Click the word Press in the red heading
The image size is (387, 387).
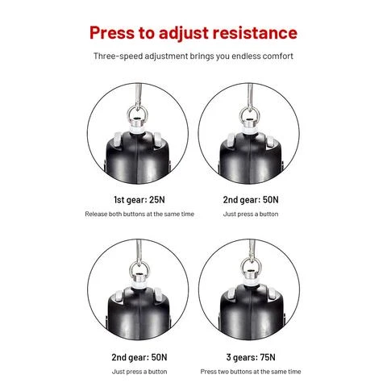(112, 33)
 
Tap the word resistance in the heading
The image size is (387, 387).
(255, 33)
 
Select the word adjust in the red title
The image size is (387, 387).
(184, 34)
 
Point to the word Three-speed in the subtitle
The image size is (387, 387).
(118, 56)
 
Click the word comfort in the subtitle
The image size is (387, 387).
(277, 56)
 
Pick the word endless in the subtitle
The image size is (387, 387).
(247, 56)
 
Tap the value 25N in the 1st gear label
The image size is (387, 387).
(157, 200)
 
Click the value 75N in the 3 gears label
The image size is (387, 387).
(268, 357)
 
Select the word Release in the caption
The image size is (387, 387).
(96, 214)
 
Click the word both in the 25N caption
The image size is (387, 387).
(114, 214)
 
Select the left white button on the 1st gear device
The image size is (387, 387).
(118, 139)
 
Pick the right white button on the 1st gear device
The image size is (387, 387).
(157, 139)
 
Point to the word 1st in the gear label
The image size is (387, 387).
(119, 200)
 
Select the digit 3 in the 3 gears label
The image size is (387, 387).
(229, 357)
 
